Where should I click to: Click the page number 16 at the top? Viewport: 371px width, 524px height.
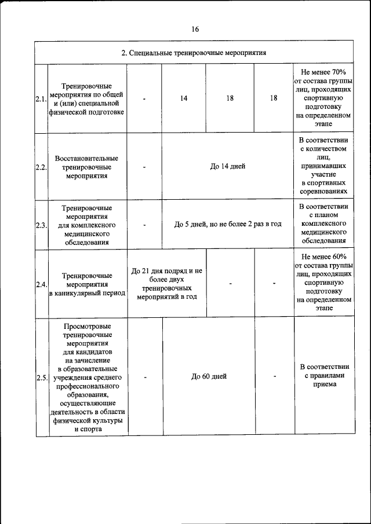tap(195, 30)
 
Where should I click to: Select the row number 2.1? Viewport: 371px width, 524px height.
tap(41, 99)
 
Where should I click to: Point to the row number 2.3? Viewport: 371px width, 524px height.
tap(41, 225)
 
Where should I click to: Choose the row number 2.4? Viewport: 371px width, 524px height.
tap(41, 284)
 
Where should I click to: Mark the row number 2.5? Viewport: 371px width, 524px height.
tap(41, 378)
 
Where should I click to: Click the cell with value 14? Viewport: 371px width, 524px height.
tap(183, 98)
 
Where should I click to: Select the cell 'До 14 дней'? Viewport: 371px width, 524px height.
tap(227, 166)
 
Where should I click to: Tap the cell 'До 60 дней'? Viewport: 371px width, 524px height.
tap(209, 376)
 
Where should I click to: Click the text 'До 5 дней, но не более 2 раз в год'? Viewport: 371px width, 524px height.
tap(228, 224)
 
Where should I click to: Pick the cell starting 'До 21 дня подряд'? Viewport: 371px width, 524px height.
tap(167, 283)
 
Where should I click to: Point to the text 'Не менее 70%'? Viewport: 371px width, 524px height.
tap(323, 71)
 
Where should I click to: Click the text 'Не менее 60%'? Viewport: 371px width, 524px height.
tap(323, 256)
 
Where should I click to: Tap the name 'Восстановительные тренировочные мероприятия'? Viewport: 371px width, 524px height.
tap(87, 167)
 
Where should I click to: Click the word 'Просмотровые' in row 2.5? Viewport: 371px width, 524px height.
tap(87, 327)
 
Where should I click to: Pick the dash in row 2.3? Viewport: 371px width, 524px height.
tap(144, 225)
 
